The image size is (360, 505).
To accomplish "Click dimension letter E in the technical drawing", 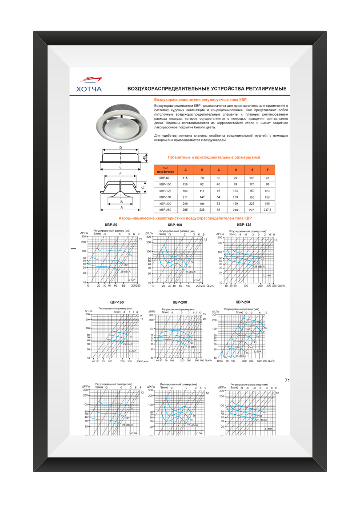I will (x=120, y=167).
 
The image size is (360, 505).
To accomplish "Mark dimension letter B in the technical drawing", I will (x=115, y=201).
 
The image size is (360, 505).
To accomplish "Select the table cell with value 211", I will (x=185, y=196).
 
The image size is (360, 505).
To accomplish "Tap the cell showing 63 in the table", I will (x=218, y=203).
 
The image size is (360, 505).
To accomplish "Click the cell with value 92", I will (x=202, y=184).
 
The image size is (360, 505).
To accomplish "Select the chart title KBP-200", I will (x=180, y=302).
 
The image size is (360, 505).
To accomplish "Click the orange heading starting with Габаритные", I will (x=214, y=157).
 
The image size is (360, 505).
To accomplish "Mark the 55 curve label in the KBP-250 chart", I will (x=263, y=332).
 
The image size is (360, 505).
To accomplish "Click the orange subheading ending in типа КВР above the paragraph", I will (x=200, y=100).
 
